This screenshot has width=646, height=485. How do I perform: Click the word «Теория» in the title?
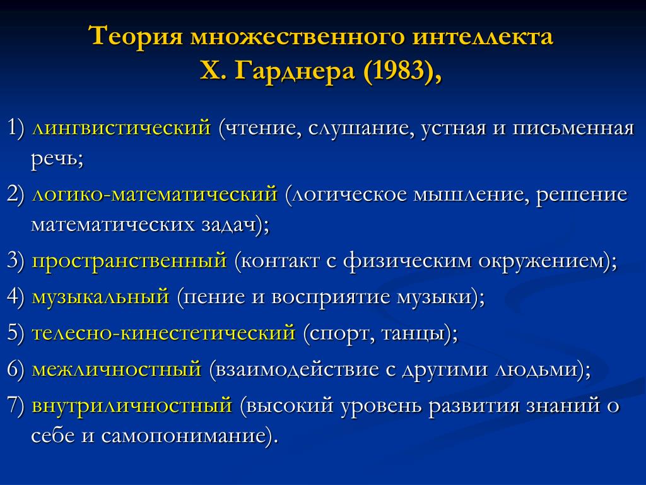click(136, 35)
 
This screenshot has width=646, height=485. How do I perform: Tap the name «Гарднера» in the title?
click(295, 71)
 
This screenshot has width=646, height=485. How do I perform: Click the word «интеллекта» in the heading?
click(482, 35)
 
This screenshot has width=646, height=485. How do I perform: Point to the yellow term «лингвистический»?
click(121, 128)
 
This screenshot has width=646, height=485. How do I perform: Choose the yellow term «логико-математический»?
click(155, 194)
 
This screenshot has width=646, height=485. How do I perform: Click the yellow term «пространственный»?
click(129, 261)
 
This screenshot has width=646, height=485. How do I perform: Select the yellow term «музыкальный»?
click(100, 297)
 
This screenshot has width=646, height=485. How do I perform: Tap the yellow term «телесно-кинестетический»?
click(163, 332)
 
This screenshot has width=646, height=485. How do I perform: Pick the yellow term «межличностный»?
click(117, 368)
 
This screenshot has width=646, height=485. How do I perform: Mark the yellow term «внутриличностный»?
click(132, 405)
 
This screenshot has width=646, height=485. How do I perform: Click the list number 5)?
click(16, 332)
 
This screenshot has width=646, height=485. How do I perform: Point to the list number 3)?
click(16, 261)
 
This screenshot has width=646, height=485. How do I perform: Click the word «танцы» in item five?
click(414, 333)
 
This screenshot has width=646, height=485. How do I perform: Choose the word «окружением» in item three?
click(543, 261)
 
